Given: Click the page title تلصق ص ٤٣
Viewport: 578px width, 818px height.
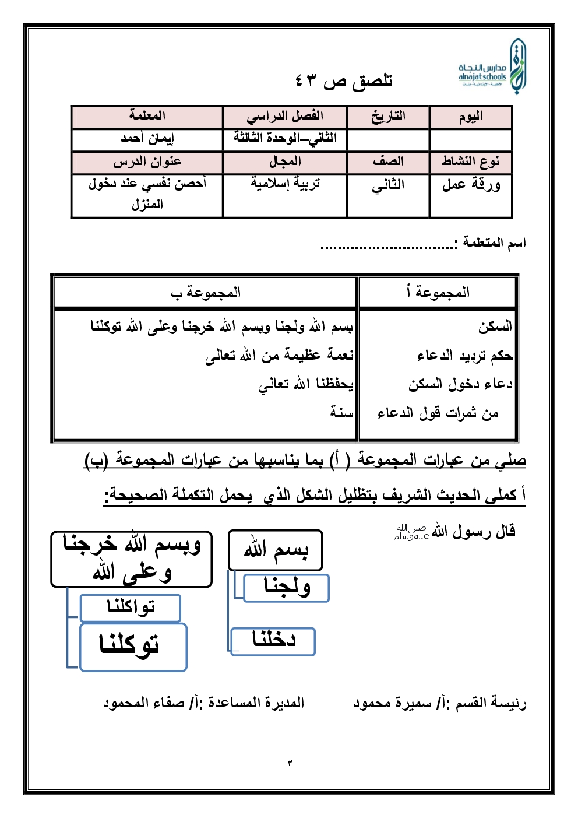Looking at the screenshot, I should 344,80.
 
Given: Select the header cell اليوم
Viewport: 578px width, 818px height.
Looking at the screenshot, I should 471,117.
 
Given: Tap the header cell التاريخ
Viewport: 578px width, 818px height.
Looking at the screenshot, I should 388,117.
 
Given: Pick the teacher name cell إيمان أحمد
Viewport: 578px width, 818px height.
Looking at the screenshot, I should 147,139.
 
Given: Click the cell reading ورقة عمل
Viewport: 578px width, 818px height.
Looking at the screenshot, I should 471,185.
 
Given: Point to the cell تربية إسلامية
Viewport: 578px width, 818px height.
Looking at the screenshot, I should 285,184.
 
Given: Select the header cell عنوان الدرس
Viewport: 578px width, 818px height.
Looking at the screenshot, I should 147,162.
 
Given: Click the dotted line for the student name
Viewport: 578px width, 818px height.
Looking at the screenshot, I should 389,247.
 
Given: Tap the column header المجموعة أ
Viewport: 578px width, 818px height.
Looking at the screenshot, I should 438,293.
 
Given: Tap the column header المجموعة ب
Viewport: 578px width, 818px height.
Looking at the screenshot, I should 205,293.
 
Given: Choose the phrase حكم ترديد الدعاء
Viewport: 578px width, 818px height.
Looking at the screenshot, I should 464,355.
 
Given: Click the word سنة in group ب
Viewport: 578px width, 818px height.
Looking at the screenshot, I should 341,412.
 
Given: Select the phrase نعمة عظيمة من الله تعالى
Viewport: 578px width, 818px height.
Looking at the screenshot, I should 279,355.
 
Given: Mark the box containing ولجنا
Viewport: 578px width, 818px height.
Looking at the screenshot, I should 287,587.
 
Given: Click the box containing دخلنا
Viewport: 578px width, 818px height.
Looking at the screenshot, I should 273,641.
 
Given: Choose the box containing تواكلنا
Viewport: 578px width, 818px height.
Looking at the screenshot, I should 131,608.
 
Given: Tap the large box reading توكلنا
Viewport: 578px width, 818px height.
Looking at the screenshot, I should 133,647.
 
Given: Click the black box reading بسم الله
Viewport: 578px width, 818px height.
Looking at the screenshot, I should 275,550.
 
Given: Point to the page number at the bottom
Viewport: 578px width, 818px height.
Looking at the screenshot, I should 290,763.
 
